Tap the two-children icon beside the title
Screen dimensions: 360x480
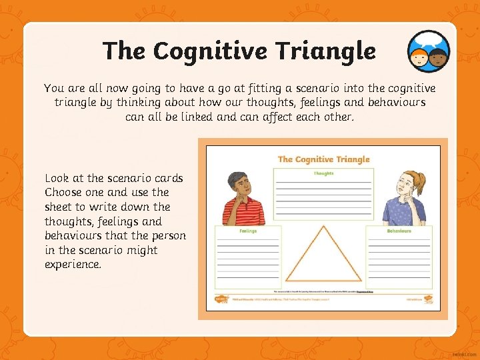pyautogui.click(x=429, y=51)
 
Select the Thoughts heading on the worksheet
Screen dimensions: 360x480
pyautogui.click(x=323, y=173)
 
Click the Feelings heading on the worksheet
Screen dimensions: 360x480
pyautogui.click(x=247, y=231)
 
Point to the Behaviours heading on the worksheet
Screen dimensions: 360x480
pyautogui.click(x=399, y=231)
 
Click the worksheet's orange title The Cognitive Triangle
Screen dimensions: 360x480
pyautogui.click(x=323, y=159)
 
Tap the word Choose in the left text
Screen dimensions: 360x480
pyautogui.click(x=62, y=193)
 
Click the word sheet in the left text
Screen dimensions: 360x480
pyautogui.click(x=58, y=207)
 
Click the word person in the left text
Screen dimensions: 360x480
pyautogui.click(x=168, y=236)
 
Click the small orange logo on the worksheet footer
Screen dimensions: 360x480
pyautogui.click(x=221, y=299)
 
